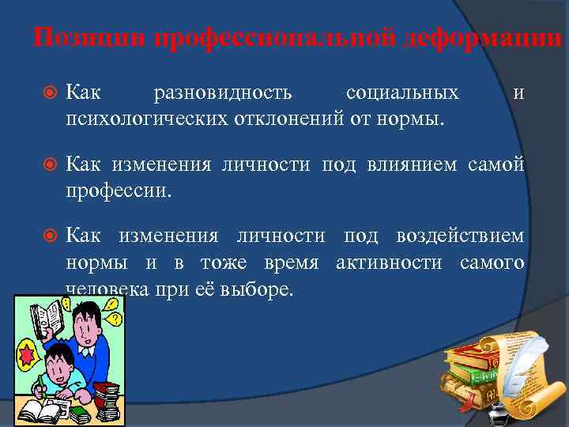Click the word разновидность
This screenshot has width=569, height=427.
tap(223, 94)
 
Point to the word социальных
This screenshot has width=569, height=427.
tap(401, 94)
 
